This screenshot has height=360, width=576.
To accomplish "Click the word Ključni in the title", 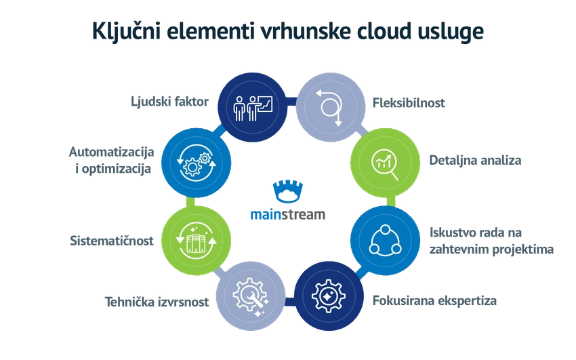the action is (x=126, y=31).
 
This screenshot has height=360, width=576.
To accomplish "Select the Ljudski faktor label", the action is (x=169, y=102).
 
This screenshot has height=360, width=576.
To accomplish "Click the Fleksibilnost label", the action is (x=409, y=103).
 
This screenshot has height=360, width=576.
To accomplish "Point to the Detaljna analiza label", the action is (x=475, y=161).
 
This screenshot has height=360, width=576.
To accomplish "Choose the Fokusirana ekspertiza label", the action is (x=434, y=301).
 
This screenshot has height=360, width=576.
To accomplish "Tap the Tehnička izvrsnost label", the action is (x=157, y=302).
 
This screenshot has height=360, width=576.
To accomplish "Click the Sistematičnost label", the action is (x=112, y=241).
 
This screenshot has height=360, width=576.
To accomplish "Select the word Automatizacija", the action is (x=112, y=152).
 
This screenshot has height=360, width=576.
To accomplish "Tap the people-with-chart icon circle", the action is (x=252, y=107).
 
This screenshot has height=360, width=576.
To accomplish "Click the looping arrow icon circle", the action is (x=331, y=107).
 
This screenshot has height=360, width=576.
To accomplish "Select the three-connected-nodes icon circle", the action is (x=385, y=241).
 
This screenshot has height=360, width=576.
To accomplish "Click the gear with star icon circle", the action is (x=329, y=296).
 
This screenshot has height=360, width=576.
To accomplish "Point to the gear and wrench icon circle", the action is (x=251, y=296).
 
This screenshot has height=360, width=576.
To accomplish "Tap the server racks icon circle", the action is (x=197, y=241).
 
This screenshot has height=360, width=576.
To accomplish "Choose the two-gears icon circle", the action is (x=197, y=163).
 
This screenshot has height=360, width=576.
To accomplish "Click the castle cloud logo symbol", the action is (x=288, y=191).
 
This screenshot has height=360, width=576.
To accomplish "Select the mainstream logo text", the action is (x=287, y=214).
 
